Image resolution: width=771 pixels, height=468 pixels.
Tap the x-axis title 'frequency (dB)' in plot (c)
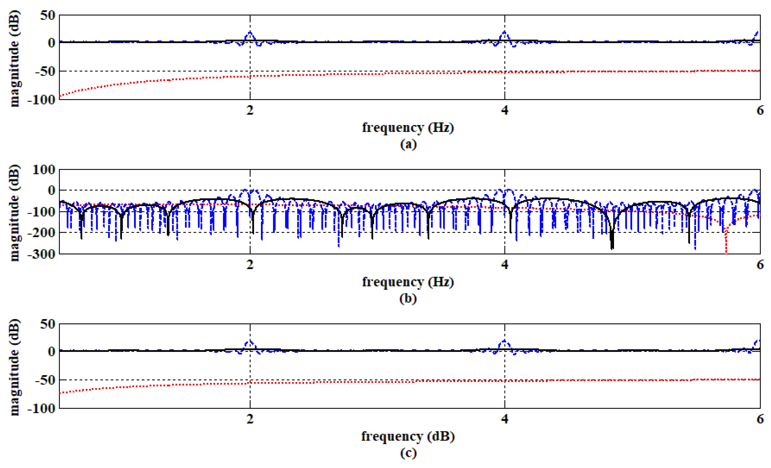[x=408, y=436]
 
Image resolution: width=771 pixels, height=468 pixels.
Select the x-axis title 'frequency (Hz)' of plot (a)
[x=408, y=128]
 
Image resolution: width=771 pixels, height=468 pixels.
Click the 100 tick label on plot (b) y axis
[x=44, y=170]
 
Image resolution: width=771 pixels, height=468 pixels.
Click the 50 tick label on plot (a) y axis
[x=48, y=15]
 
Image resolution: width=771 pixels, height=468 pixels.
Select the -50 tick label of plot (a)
[x=45, y=72]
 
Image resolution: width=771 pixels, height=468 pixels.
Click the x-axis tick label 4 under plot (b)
[x=504, y=265]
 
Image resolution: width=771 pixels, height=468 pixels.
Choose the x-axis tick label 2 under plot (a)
[x=250, y=110]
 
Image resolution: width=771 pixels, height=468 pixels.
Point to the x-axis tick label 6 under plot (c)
[x=760, y=419]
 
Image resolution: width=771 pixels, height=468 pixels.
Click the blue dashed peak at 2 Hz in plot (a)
[x=250, y=33]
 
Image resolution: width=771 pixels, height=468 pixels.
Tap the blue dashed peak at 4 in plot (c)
[x=504, y=341]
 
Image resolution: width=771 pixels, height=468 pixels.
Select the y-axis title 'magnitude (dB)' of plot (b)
[x=14, y=213]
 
